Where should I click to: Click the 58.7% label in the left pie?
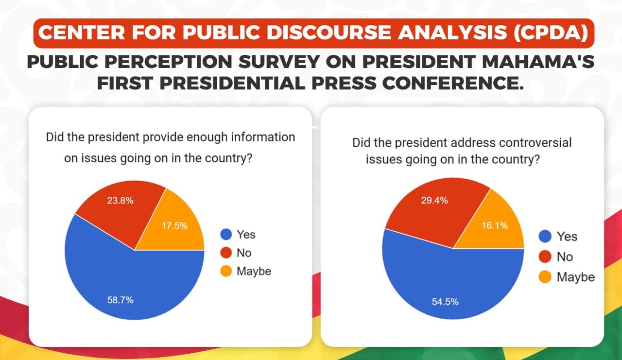pyautogui.click(x=120, y=300)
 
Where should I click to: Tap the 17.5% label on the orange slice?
pyautogui.click(x=174, y=226)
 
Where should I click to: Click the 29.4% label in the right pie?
pyautogui.click(x=435, y=200)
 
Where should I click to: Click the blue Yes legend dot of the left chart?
pyautogui.click(x=226, y=235)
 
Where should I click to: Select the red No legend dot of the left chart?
pyautogui.click(x=226, y=253)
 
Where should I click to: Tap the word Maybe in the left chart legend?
pyautogui.click(x=254, y=271)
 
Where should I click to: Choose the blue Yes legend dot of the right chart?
pyautogui.click(x=545, y=237)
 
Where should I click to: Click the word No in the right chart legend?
pyautogui.click(x=565, y=257)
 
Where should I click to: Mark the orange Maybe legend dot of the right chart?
pyautogui.click(x=545, y=277)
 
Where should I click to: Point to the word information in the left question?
pyautogui.click(x=263, y=137)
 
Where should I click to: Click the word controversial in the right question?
pyautogui.click(x=533, y=143)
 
